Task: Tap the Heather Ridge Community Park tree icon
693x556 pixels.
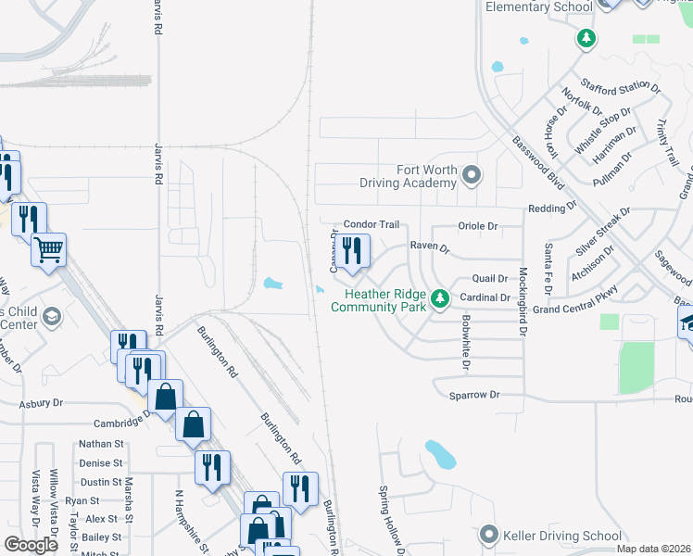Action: (x=442, y=298)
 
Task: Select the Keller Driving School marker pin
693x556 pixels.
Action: (x=490, y=535)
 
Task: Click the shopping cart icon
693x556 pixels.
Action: (x=48, y=248)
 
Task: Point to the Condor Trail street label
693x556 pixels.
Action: (x=371, y=224)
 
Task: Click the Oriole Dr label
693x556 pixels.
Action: (x=479, y=225)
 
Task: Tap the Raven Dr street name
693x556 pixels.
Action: (x=430, y=248)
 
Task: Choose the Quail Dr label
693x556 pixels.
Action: (x=490, y=278)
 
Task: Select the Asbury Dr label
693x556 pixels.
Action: (x=43, y=403)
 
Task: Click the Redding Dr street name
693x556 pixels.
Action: (x=546, y=208)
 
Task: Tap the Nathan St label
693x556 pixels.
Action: (x=101, y=444)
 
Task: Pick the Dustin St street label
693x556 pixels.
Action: (x=101, y=482)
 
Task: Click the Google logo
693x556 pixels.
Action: (x=31, y=545)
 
